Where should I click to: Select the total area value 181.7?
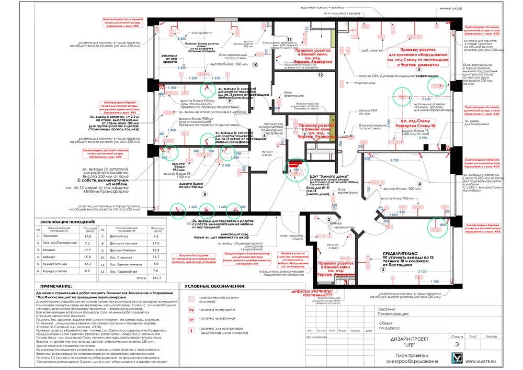[x=156, y=278]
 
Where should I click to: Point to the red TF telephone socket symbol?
[x=191, y=319]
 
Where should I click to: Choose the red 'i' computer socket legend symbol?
[x=191, y=330]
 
